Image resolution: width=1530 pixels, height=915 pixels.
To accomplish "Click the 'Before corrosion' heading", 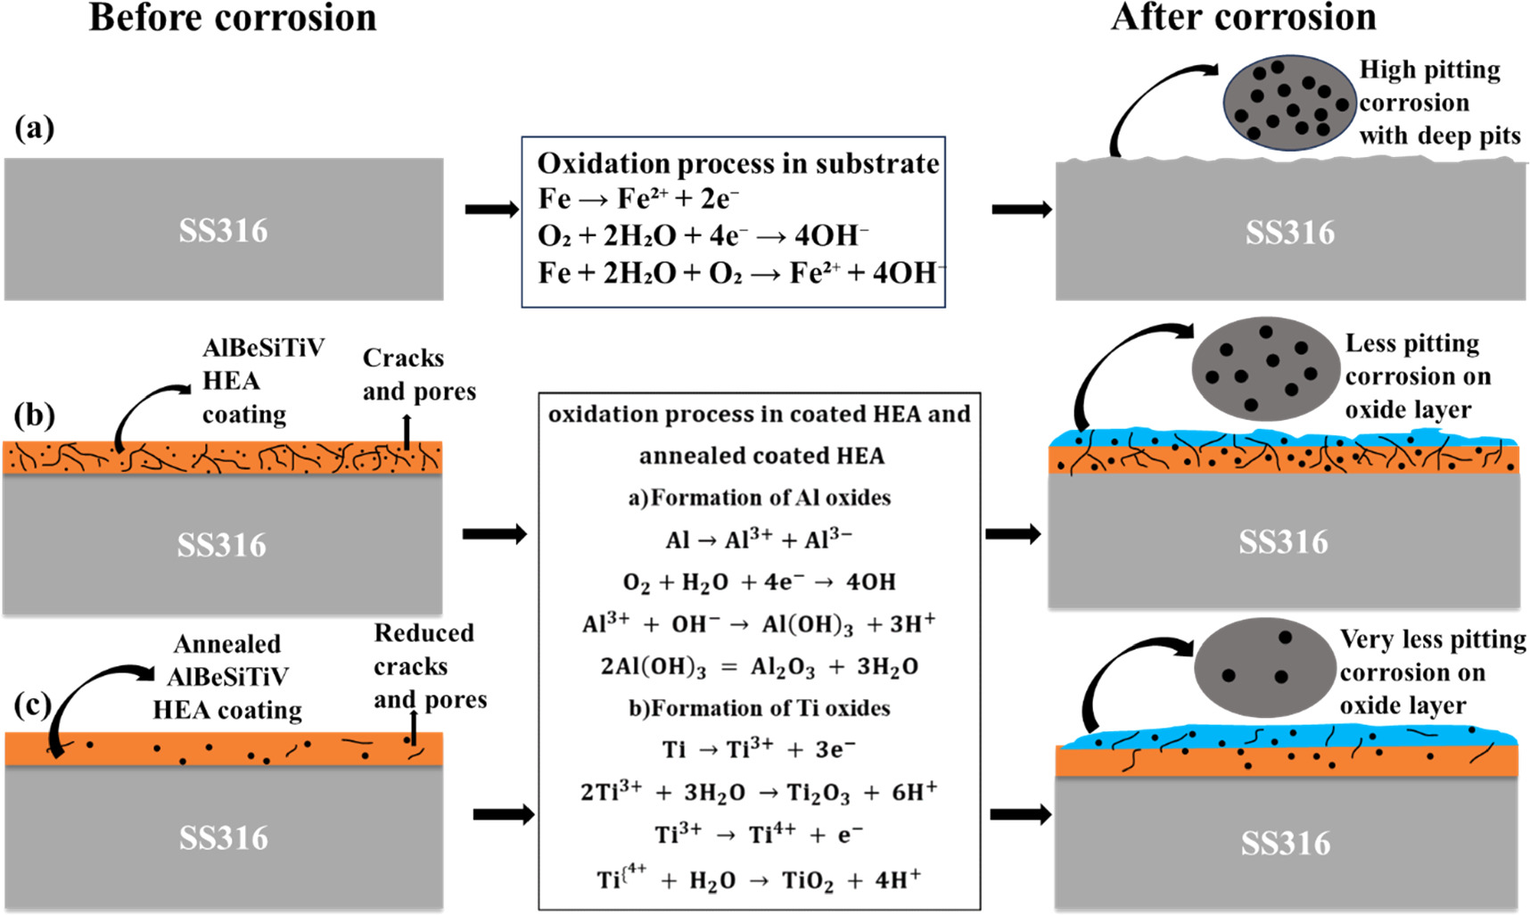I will point(233,18).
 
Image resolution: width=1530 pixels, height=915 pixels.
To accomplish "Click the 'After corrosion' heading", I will point(1243,18).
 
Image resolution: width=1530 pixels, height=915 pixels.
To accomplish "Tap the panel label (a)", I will point(34,128).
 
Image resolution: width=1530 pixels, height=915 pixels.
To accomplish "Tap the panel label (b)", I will point(34,415).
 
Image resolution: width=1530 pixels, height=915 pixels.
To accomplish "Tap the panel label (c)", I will point(33,705).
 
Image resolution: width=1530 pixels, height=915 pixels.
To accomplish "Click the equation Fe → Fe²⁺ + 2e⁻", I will point(638,200).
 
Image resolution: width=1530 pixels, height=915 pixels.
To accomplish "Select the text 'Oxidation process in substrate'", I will point(737,163).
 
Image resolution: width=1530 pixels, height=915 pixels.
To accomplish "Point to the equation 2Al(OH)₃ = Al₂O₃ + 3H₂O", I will point(759,667).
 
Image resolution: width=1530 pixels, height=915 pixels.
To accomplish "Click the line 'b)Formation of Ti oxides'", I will point(759,708).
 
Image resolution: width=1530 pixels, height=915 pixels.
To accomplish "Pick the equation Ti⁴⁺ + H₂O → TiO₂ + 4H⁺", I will point(759,881).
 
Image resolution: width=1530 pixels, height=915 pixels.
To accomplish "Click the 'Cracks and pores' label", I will point(418,375).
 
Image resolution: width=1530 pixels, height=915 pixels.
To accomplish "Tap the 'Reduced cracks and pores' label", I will point(429,666).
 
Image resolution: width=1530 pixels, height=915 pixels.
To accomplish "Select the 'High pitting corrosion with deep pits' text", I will point(1437,103).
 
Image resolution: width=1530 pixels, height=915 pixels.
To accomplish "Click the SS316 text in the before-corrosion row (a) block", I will point(223,231).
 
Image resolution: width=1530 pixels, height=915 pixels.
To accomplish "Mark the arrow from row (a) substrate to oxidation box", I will point(491,210).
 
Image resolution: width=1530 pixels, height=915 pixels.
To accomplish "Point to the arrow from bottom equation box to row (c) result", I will point(1020,814).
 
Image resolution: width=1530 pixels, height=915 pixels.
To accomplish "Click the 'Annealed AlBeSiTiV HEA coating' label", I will point(227,677).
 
